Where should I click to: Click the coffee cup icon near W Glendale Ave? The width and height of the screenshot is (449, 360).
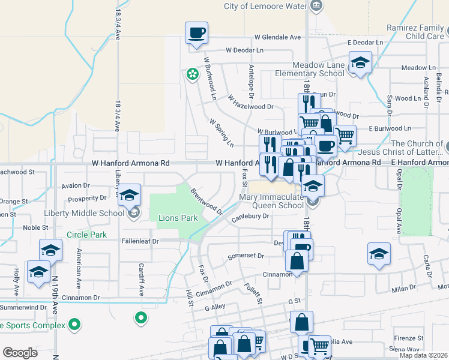click(x=197, y=32)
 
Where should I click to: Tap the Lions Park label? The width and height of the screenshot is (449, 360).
click(x=178, y=218)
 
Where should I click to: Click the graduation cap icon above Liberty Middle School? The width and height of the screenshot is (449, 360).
click(x=129, y=194)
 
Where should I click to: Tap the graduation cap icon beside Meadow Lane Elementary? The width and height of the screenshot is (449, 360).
click(x=360, y=62)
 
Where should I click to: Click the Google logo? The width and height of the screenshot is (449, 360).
click(x=20, y=353)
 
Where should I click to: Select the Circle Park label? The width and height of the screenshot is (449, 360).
click(x=86, y=235)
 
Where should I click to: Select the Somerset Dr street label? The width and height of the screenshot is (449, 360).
click(x=246, y=256)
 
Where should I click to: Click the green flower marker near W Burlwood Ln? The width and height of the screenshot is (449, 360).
click(x=192, y=74)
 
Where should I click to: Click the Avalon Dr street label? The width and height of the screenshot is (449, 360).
click(x=75, y=186)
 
